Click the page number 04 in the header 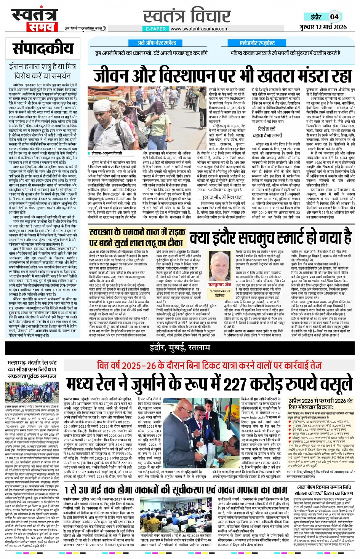coord(334,17)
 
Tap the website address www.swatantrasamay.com coord(199,29)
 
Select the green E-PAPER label coord(156,29)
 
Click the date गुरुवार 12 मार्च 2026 coord(323,27)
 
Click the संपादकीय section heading coord(42,49)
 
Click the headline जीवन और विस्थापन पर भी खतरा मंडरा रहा coord(223,74)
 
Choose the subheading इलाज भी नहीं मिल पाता coord(222,197)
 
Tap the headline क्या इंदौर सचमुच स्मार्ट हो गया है coord(270,238)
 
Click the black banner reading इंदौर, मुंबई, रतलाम coord(180,347)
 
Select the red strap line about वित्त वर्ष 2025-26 coord(209,365)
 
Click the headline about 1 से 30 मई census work coord(176,490)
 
